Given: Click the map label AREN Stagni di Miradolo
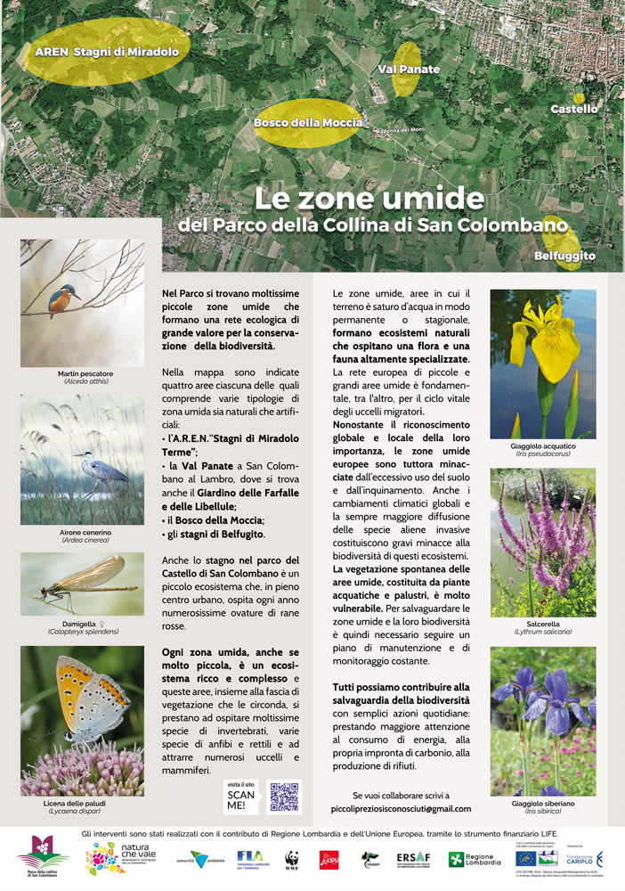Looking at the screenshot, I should [107, 52].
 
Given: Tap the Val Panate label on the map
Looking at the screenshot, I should [409, 69].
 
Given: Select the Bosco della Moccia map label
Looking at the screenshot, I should [308, 123].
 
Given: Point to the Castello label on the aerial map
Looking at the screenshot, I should [573, 109].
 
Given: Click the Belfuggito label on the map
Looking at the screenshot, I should [565, 257].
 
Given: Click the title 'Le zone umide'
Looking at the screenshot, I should [369, 197].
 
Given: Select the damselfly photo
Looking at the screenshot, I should [82, 584].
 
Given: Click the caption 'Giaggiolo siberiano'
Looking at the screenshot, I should [542, 804].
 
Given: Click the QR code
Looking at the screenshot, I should [285, 796].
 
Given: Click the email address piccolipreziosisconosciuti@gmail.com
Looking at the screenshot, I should [400, 809].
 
